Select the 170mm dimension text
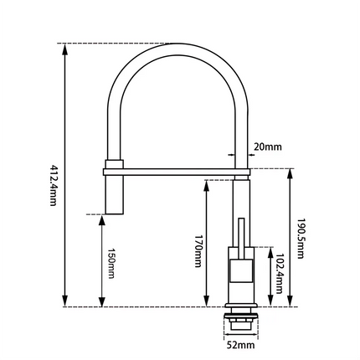197,250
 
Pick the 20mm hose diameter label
267,147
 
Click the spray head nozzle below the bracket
114,194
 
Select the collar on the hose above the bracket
114,162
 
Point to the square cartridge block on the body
240,273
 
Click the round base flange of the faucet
240,303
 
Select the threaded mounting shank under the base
240,319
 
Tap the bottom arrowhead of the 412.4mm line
66,303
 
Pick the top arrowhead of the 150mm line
102,218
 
